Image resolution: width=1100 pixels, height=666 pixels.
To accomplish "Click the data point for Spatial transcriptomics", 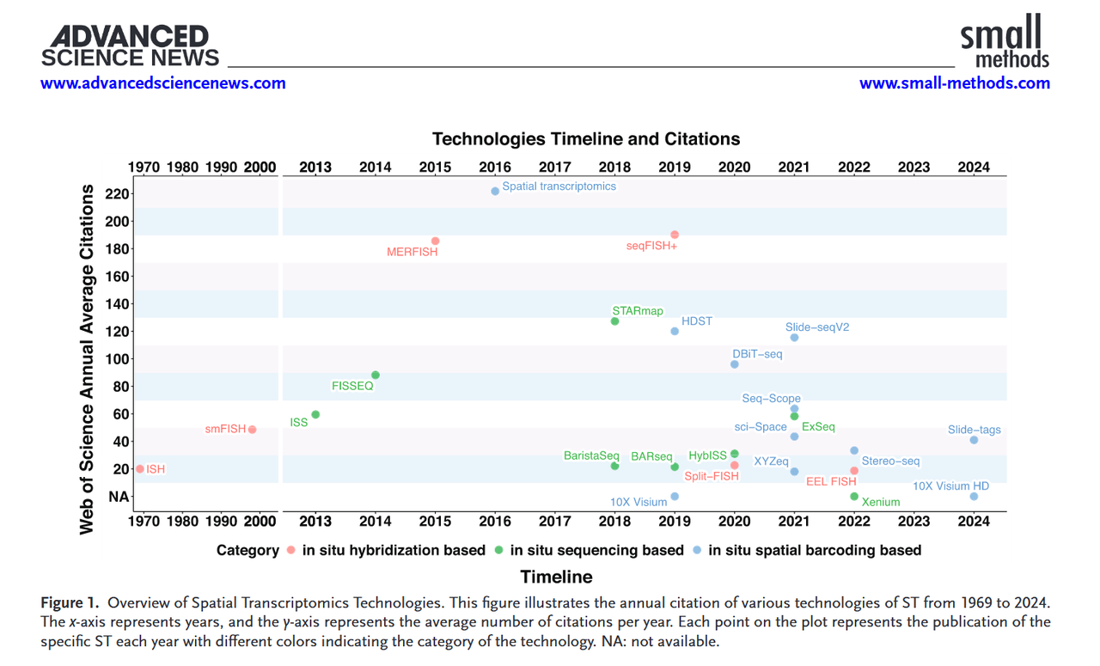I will (x=495, y=191).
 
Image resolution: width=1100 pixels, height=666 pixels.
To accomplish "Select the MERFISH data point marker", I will (x=436, y=241).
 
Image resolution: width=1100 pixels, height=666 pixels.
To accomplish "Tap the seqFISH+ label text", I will (x=651, y=247).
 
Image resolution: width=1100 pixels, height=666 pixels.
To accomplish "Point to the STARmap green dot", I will (x=614, y=321).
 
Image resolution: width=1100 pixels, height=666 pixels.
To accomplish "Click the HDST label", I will (x=696, y=321).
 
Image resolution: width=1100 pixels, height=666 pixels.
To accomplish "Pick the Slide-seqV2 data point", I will (x=794, y=338).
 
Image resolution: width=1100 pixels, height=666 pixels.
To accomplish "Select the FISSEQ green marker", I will (x=376, y=375).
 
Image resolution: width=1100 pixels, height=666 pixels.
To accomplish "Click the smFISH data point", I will (x=252, y=430).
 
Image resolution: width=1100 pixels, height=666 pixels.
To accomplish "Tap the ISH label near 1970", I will (x=156, y=469).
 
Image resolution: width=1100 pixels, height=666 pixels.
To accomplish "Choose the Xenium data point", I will (x=854, y=497).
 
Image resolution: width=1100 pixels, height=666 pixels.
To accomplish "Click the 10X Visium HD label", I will (x=950, y=486).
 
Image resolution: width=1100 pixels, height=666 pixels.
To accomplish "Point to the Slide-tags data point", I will (x=974, y=440).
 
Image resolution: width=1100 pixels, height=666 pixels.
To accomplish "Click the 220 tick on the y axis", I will (x=118, y=194).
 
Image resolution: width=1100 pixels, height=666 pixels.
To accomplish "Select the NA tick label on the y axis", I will (x=118, y=497).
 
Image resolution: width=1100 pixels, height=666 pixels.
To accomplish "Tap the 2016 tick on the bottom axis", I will (x=495, y=522).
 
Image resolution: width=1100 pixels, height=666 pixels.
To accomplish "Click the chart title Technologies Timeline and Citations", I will (x=586, y=139).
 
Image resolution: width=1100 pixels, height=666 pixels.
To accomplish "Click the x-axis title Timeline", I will (x=556, y=577).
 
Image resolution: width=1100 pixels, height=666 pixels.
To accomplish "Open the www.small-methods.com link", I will (x=954, y=83).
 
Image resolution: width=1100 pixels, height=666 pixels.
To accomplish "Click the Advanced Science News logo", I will (x=130, y=46).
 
